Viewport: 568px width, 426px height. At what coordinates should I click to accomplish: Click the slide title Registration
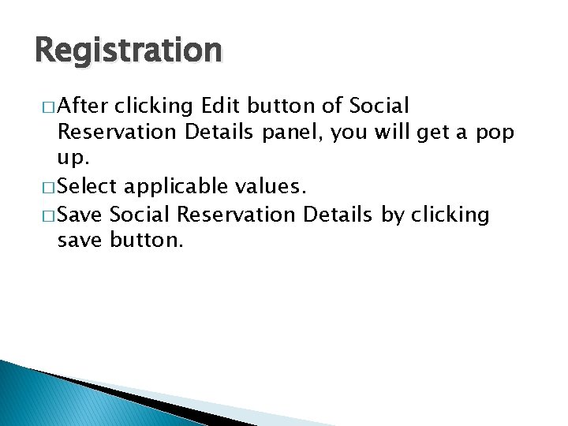click(129, 51)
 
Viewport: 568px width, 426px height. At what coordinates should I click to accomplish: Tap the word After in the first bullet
click(84, 106)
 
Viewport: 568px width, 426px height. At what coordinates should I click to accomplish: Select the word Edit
click(222, 106)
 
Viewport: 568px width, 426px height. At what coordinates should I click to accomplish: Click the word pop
click(494, 133)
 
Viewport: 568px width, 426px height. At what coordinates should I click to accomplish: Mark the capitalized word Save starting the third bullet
click(81, 215)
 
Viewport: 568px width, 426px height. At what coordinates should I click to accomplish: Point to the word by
click(392, 215)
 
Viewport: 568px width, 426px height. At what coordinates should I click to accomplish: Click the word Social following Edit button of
click(381, 106)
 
